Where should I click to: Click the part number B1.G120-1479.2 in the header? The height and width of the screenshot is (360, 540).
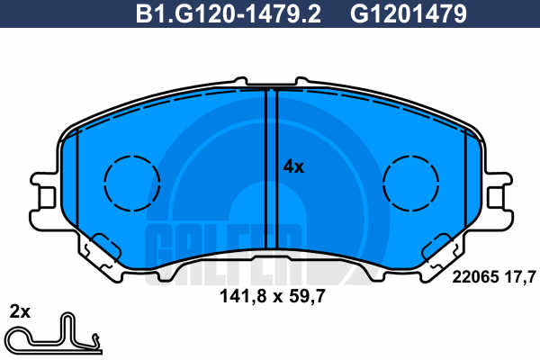point(229,13)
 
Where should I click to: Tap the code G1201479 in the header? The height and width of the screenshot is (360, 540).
point(409,13)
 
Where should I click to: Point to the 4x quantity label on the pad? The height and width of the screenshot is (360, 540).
point(293,167)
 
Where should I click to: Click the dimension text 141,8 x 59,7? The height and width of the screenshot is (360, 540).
point(273,296)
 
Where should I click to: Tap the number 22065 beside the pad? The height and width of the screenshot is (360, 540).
point(475,276)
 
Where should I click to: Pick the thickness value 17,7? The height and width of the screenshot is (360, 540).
point(520,276)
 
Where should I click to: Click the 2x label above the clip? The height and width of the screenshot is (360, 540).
point(20,312)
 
